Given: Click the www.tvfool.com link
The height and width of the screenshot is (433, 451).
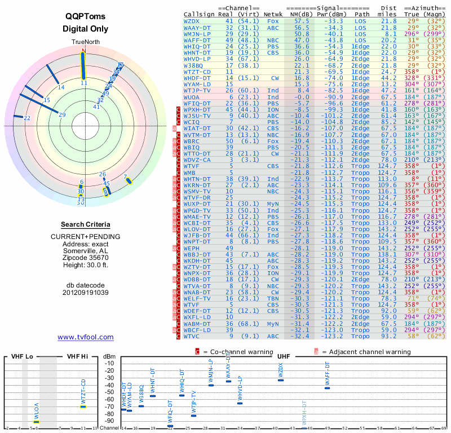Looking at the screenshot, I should [x=85, y=337].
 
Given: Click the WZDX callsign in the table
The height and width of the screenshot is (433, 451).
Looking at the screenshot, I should [x=192, y=20].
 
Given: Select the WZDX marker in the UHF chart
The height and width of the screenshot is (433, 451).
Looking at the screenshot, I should [x=281, y=380].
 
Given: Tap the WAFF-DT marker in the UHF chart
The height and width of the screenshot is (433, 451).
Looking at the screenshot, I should [x=327, y=388].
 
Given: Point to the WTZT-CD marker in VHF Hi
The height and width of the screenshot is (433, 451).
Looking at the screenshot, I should [x=83, y=407].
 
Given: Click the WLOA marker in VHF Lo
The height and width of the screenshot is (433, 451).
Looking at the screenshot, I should [x=37, y=422].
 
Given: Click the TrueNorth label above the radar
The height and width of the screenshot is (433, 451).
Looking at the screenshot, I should [x=85, y=42].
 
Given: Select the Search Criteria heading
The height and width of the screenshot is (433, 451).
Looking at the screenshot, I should [x=85, y=224].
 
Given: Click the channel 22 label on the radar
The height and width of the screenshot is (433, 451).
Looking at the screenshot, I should [x=27, y=118].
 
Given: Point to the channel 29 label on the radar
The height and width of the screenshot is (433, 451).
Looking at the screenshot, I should [x=62, y=115].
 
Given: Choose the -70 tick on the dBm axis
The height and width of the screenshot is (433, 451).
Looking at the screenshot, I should [x=109, y=407].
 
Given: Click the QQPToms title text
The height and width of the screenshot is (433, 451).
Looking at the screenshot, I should [x=85, y=17].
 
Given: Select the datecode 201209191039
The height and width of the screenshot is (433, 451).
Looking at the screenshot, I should [x=85, y=293].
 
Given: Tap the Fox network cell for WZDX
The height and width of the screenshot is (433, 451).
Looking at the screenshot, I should [x=272, y=20].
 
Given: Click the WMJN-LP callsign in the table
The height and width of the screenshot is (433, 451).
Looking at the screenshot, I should [x=197, y=34].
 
